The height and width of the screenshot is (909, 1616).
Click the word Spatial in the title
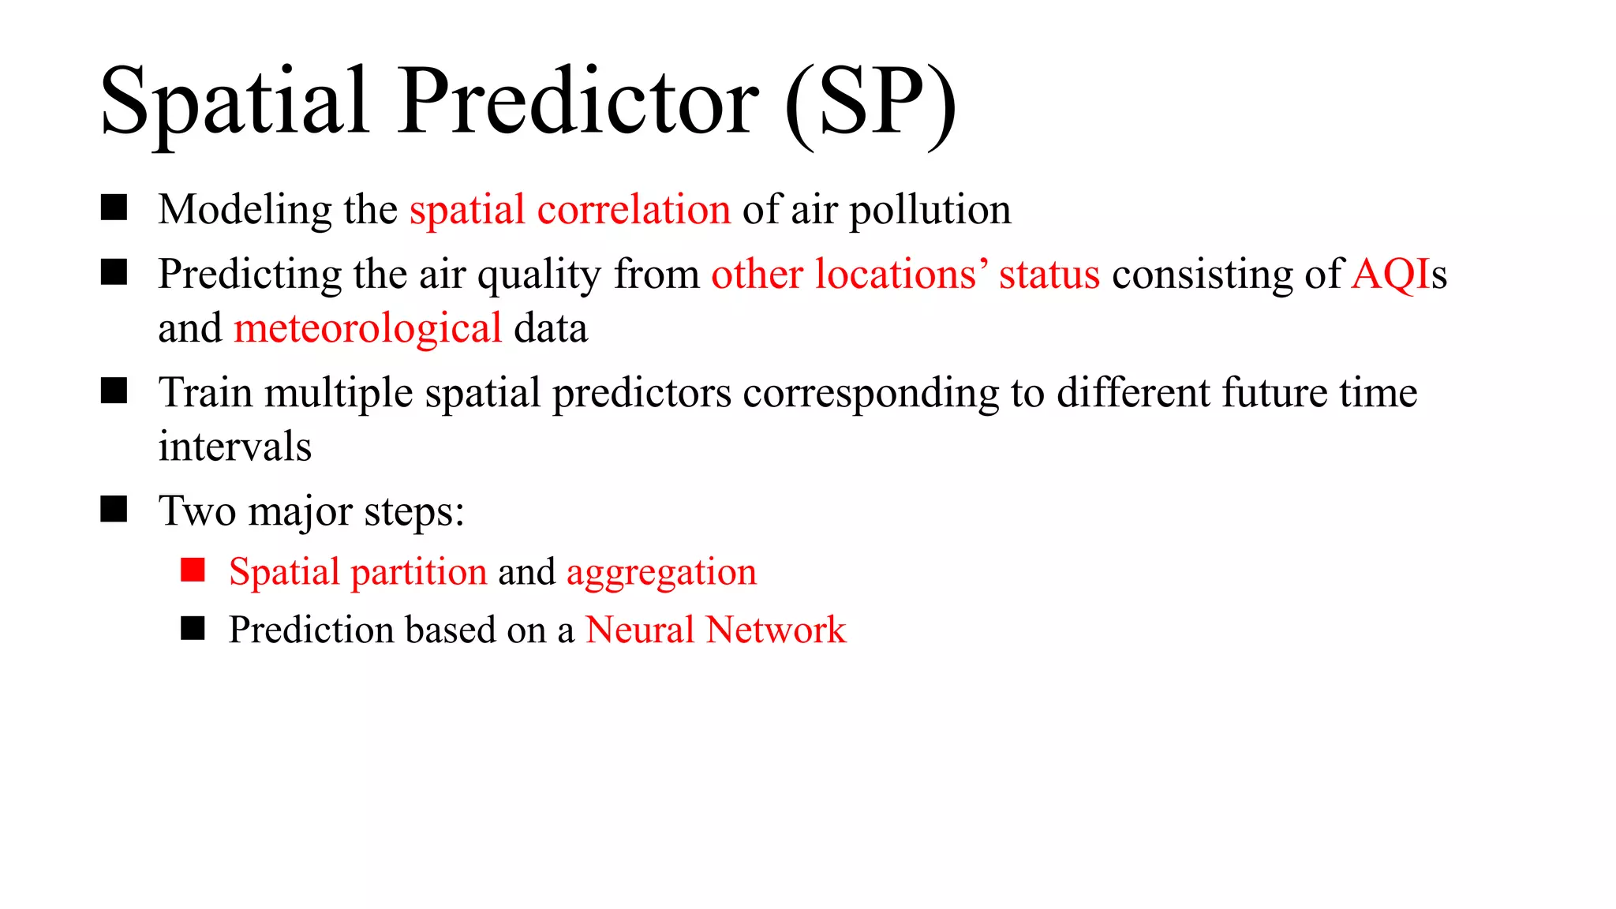click(x=234, y=103)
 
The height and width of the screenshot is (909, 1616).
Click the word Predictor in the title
click(x=578, y=103)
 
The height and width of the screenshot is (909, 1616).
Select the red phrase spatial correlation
click(x=570, y=210)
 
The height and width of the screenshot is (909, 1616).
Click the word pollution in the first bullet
click(x=930, y=210)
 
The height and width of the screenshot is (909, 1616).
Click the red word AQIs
click(x=1397, y=275)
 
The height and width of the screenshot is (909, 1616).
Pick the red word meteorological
click(x=368, y=328)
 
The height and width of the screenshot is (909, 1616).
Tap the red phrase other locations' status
click(x=905, y=275)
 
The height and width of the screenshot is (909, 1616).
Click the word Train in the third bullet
click(x=206, y=393)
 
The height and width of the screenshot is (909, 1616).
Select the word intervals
click(x=234, y=447)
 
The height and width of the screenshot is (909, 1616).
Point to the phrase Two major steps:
click(x=311, y=511)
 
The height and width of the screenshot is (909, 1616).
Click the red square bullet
click(x=193, y=570)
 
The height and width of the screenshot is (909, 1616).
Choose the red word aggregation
click(x=661, y=571)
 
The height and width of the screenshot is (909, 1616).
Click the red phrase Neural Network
click(x=715, y=630)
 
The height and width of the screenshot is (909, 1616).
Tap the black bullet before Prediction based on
click(x=193, y=628)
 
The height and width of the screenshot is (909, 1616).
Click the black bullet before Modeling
click(x=114, y=208)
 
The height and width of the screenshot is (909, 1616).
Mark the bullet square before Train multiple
click(x=114, y=391)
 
